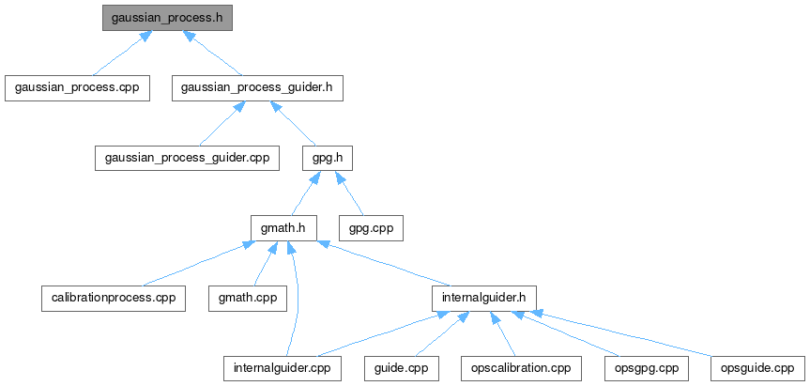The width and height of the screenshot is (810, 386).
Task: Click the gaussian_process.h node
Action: click(167, 18)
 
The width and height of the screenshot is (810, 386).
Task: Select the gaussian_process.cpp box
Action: click(77, 87)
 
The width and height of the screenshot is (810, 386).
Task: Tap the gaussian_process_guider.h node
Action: click(257, 87)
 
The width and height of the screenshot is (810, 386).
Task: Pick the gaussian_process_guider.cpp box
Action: click(187, 157)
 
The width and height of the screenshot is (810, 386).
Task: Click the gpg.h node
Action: click(328, 157)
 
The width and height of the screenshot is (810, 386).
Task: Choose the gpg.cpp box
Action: click(371, 227)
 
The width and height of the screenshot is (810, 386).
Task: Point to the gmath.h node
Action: click(283, 227)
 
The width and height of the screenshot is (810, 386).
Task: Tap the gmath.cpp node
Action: click(247, 298)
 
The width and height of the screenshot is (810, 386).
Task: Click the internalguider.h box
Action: click(484, 298)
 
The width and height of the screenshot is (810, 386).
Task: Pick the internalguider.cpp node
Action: click(282, 368)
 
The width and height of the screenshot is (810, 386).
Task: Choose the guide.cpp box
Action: click(401, 368)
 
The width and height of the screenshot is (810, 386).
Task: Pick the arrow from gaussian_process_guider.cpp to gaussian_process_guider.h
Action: click(222, 123)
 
